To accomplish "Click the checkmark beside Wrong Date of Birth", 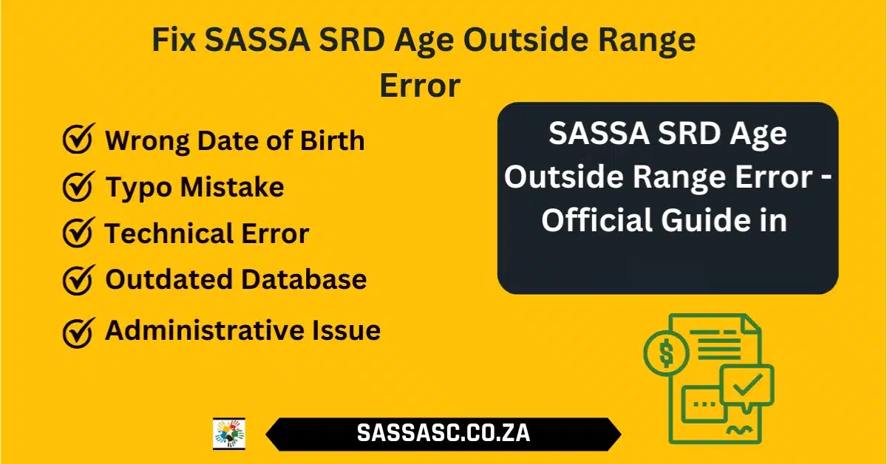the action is pyautogui.click(x=78, y=139).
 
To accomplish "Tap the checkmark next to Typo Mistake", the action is pyautogui.click(x=78, y=186).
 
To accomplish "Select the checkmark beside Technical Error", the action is pyautogui.click(x=78, y=233).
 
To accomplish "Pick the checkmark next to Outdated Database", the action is pyautogui.click(x=78, y=279).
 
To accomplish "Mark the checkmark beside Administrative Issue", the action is pyautogui.click(x=78, y=332).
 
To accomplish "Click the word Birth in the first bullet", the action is pyautogui.click(x=332, y=140).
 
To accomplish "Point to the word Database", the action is pyautogui.click(x=304, y=279).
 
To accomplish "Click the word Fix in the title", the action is pyautogui.click(x=174, y=40).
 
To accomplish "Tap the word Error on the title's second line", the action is pyautogui.click(x=420, y=86).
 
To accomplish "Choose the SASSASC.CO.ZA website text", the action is pyautogui.click(x=443, y=433).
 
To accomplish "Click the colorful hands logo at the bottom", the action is pyautogui.click(x=229, y=434).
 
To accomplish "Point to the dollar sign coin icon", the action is pyautogui.click(x=667, y=353).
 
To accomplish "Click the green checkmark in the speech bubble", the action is pyautogui.click(x=747, y=384).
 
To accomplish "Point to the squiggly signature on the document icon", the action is pyautogui.click(x=739, y=430).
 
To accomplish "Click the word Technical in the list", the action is pyautogui.click(x=169, y=233).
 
